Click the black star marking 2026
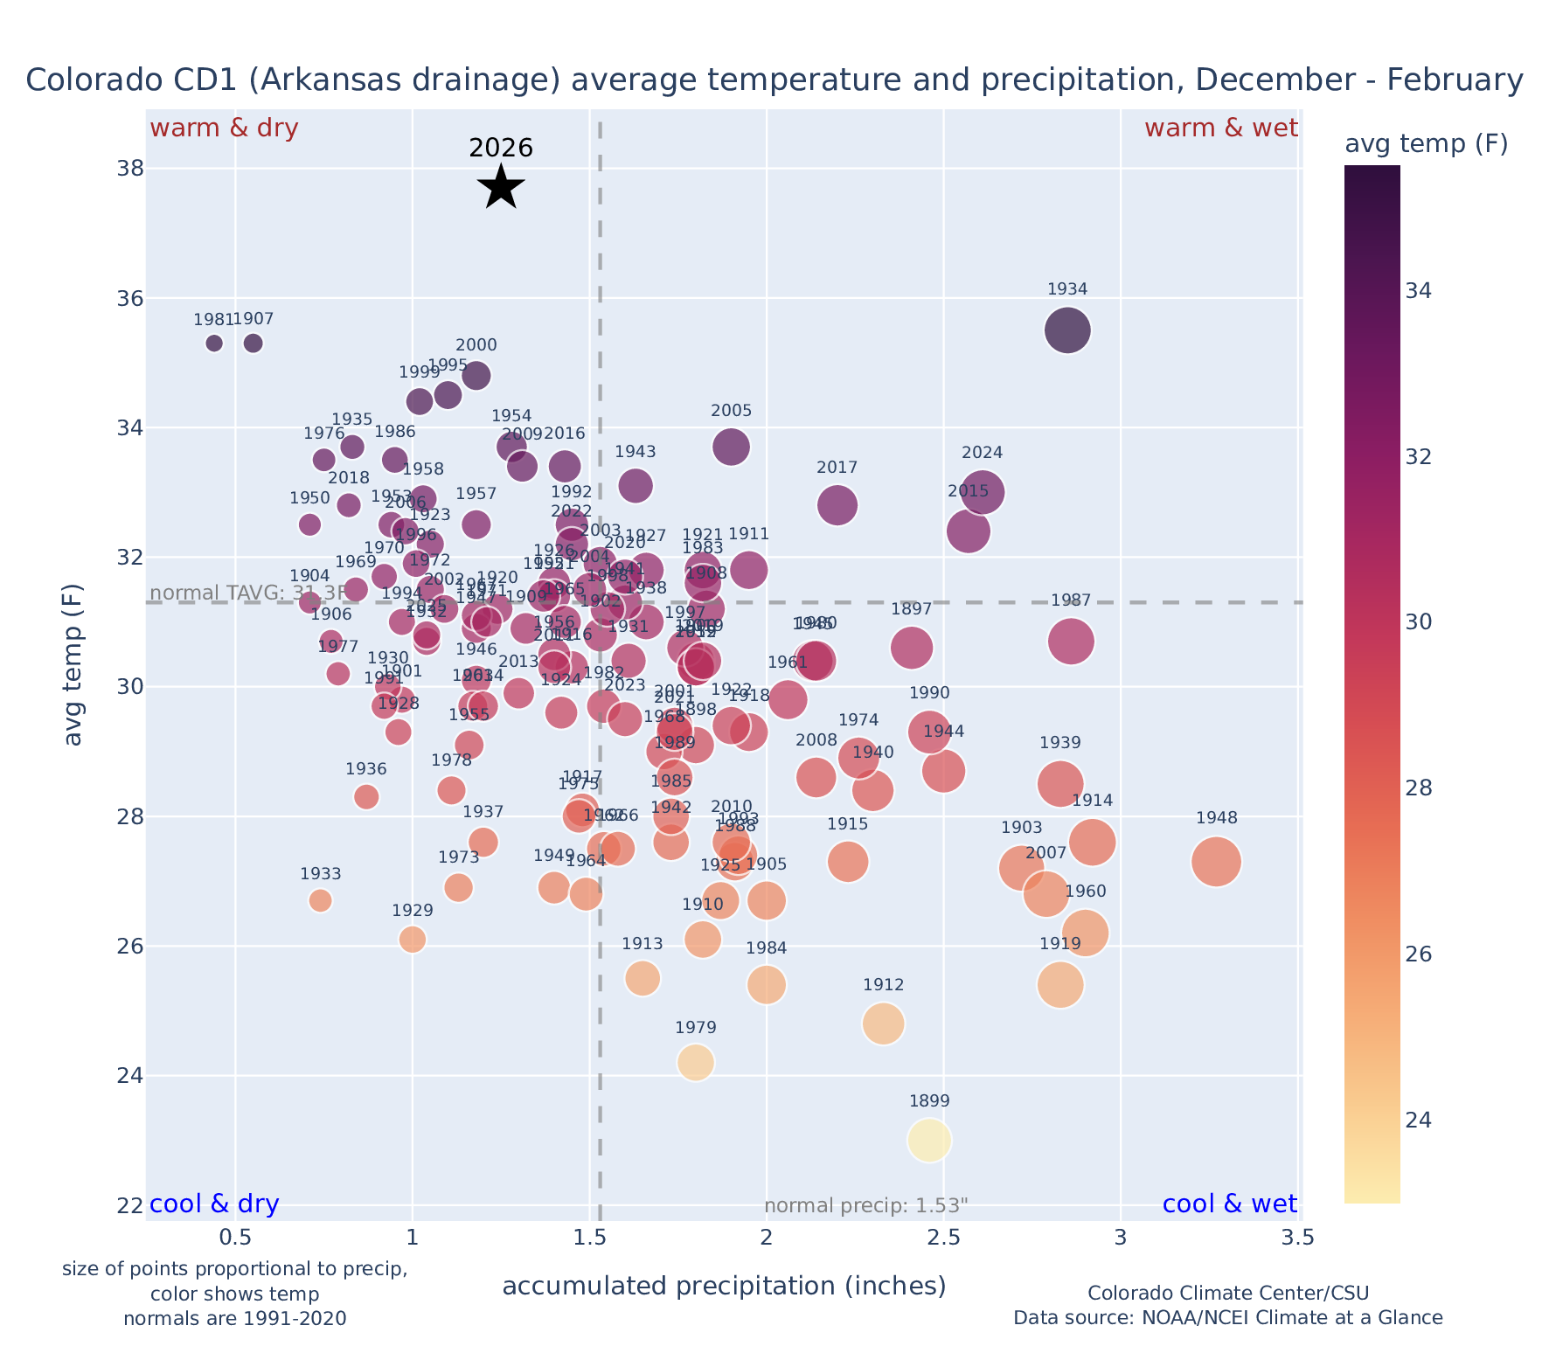pyautogui.click(x=501, y=187)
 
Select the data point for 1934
pyautogui.click(x=1067, y=330)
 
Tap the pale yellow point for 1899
pyautogui.click(x=929, y=1140)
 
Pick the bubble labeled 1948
pyautogui.click(x=1216, y=862)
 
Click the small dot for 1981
pyautogui.click(x=214, y=343)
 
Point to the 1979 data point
pyautogui.click(x=696, y=1062)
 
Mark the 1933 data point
pyautogui.click(x=321, y=900)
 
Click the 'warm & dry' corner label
pyautogui.click(x=225, y=128)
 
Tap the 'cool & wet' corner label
pyautogui.click(x=1229, y=1204)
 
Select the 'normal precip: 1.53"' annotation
pyautogui.click(x=865, y=1206)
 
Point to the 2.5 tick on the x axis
pyautogui.click(x=944, y=1239)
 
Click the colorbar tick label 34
pyautogui.click(x=1419, y=291)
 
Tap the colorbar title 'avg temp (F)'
pyautogui.click(x=1426, y=144)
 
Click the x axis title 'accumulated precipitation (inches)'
pyautogui.click(x=724, y=1286)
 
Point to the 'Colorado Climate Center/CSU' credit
pyautogui.click(x=1228, y=1293)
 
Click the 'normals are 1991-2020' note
pyautogui.click(x=235, y=1318)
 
